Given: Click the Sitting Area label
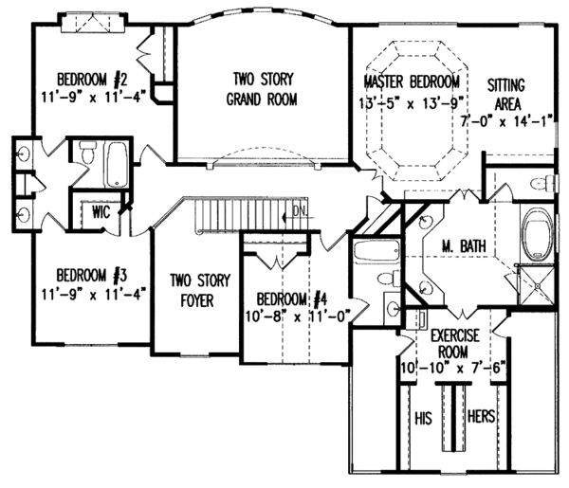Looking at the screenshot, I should click(506, 92).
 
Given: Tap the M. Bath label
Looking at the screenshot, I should click(464, 247).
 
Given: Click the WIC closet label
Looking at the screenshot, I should click(101, 211).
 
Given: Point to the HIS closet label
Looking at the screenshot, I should click(424, 417).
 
